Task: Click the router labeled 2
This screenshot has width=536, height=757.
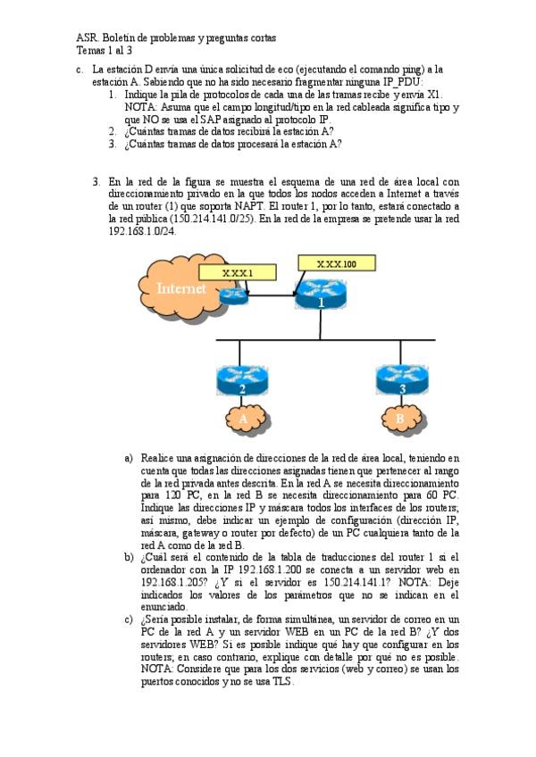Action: tap(242, 380)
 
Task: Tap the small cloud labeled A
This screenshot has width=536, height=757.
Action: tap(242, 419)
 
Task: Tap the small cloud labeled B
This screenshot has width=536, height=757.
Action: tap(400, 418)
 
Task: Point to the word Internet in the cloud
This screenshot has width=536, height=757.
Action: tap(181, 288)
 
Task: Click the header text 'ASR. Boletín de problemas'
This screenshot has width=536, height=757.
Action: tap(176, 38)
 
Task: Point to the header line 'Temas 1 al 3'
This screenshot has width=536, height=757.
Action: tap(105, 51)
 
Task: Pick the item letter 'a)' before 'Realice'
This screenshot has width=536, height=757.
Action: tap(130, 458)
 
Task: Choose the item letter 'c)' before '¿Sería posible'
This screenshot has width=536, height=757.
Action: tap(130, 619)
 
